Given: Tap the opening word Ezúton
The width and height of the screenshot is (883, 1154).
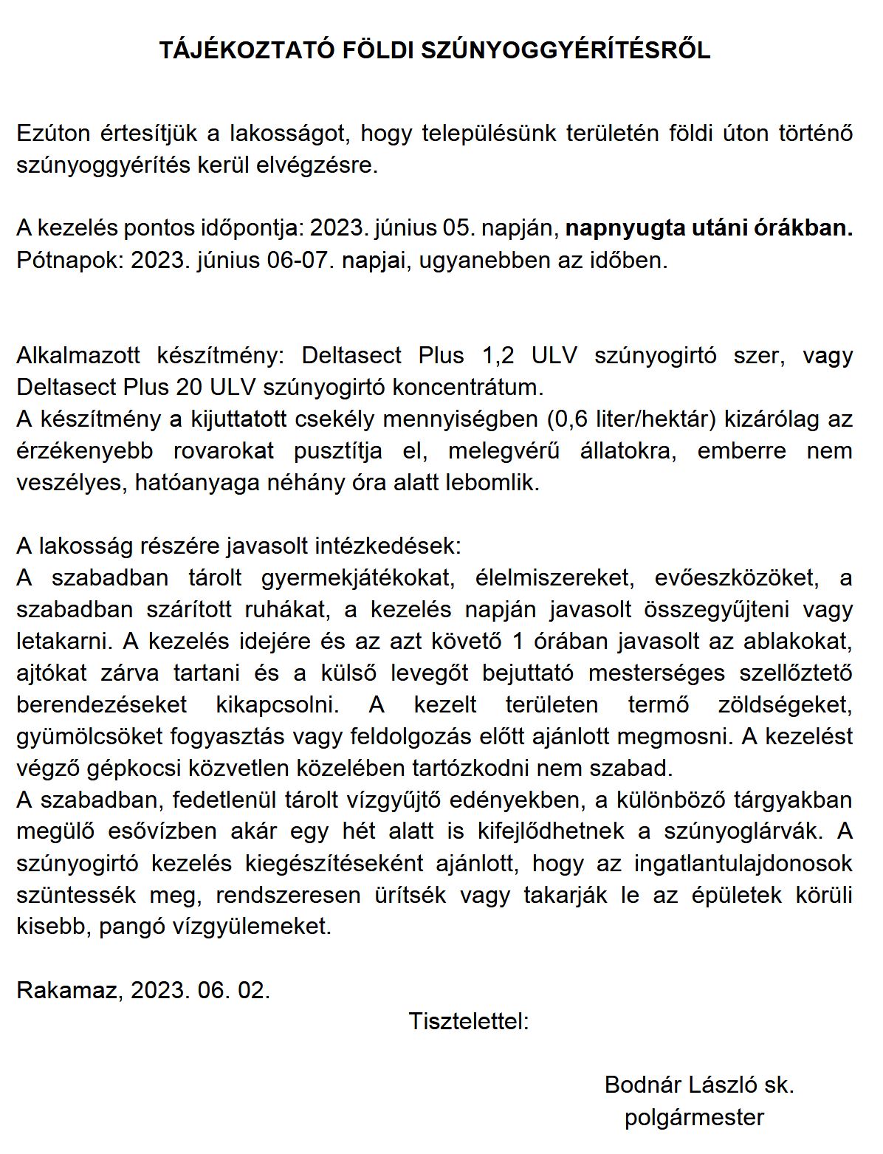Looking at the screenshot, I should click(53, 134).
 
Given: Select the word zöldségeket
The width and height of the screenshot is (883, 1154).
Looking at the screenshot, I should click(785, 704).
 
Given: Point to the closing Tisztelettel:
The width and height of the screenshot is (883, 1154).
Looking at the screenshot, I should click(469, 1022).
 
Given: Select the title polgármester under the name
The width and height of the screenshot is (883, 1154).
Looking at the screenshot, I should click(694, 1117).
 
